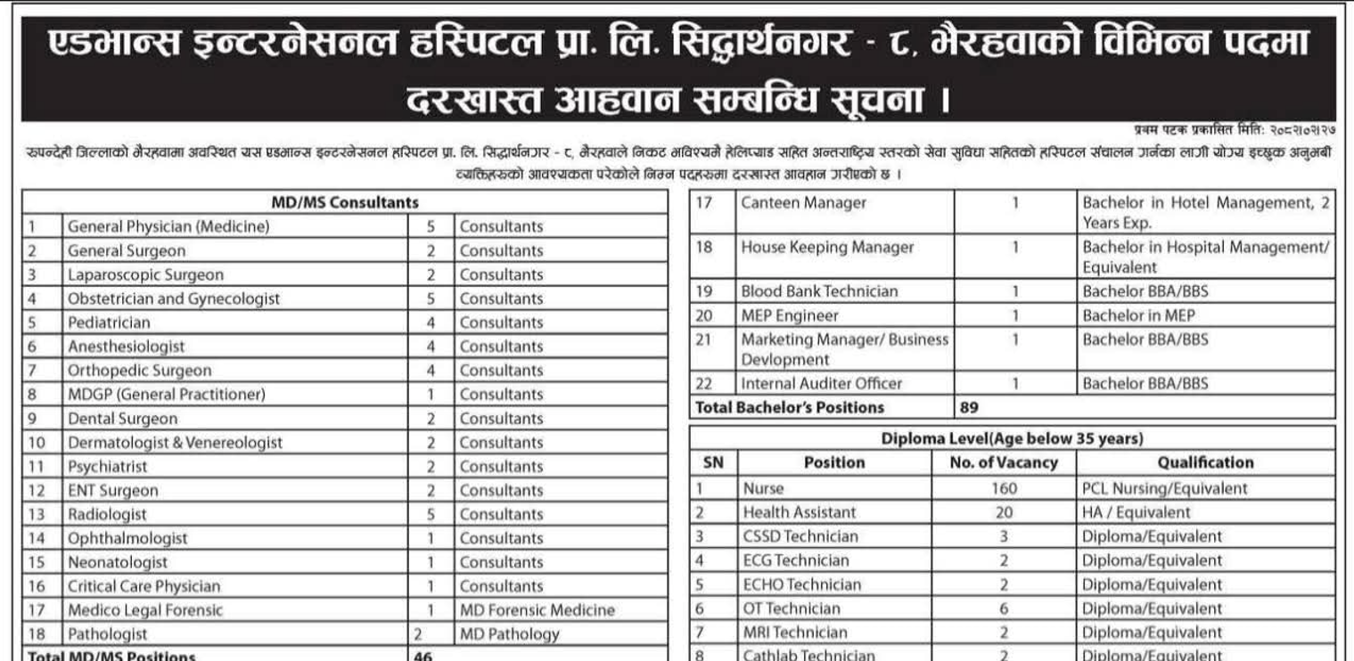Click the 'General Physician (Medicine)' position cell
[x=168, y=227]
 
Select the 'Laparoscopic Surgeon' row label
[x=146, y=275]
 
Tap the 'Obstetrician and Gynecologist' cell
[x=174, y=299]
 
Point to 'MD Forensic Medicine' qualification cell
[x=537, y=610]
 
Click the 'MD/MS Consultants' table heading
[x=345, y=202]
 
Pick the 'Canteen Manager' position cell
[x=804, y=203]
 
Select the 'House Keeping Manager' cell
[x=828, y=248]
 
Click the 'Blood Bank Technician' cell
[x=820, y=291]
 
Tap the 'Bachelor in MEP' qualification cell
[x=1139, y=315]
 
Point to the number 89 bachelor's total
[x=970, y=408]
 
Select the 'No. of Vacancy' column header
[x=1004, y=462]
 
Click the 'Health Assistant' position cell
[x=800, y=512]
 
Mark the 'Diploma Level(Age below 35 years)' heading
[x=1013, y=438]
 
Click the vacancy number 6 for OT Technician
[x=1004, y=608]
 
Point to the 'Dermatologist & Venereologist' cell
[x=176, y=443]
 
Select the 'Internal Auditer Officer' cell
[x=822, y=384]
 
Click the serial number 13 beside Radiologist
[x=37, y=515]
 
